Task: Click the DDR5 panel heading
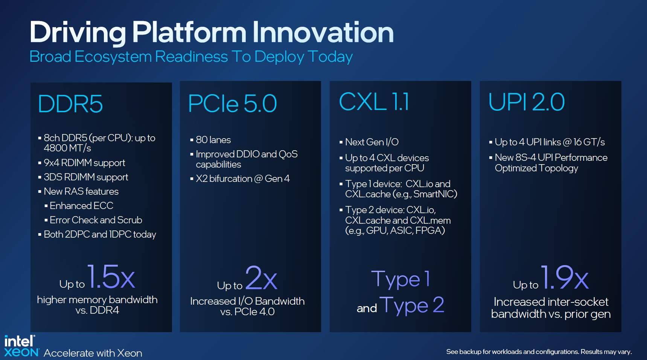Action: [x=70, y=104]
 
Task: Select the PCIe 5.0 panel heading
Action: [x=232, y=104]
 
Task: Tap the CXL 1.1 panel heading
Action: [x=374, y=102]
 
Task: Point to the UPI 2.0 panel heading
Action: [x=527, y=102]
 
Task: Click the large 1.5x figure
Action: [x=111, y=276]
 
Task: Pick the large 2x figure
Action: [x=262, y=278]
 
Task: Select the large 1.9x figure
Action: [x=565, y=277]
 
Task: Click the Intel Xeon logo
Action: [x=21, y=346]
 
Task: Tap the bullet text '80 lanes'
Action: [x=213, y=140]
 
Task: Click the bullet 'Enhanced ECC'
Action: [x=81, y=206]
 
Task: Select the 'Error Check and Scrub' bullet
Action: [x=96, y=220]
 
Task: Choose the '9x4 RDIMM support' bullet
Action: [x=84, y=163]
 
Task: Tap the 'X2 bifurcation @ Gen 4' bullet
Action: [x=243, y=179]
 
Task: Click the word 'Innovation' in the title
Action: [x=323, y=32]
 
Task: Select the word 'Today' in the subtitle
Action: [x=330, y=57]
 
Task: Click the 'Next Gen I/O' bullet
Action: [x=372, y=142]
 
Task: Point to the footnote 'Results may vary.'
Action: [x=606, y=352]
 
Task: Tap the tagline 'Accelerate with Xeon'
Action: [x=93, y=353]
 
